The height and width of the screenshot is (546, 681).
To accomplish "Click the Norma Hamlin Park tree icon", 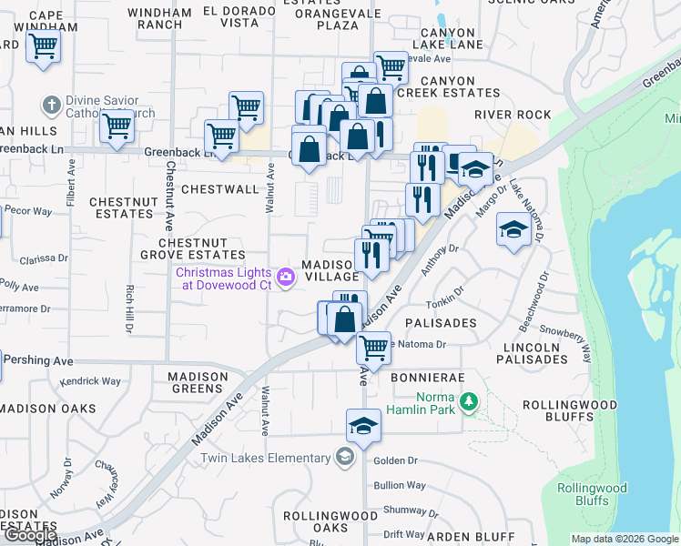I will coord(469,401).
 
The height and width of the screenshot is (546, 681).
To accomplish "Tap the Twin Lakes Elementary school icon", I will coord(344,456).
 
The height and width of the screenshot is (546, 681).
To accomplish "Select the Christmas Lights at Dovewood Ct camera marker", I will coord(286,277).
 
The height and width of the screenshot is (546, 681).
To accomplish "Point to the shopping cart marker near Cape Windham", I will coord(44,46).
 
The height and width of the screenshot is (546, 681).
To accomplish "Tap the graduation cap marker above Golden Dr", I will coord(362,426).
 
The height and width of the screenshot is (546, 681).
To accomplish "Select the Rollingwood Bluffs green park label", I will coord(592,493).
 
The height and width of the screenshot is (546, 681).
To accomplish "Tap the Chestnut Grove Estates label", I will coord(202,248).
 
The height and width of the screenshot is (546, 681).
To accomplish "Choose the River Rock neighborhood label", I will coord(513,115).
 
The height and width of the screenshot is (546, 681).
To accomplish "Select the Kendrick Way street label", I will coord(91,381).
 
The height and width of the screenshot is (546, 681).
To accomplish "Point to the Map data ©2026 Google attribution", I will coord(624,539).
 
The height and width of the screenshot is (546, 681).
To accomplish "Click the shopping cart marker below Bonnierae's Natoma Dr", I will coord(372,348).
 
